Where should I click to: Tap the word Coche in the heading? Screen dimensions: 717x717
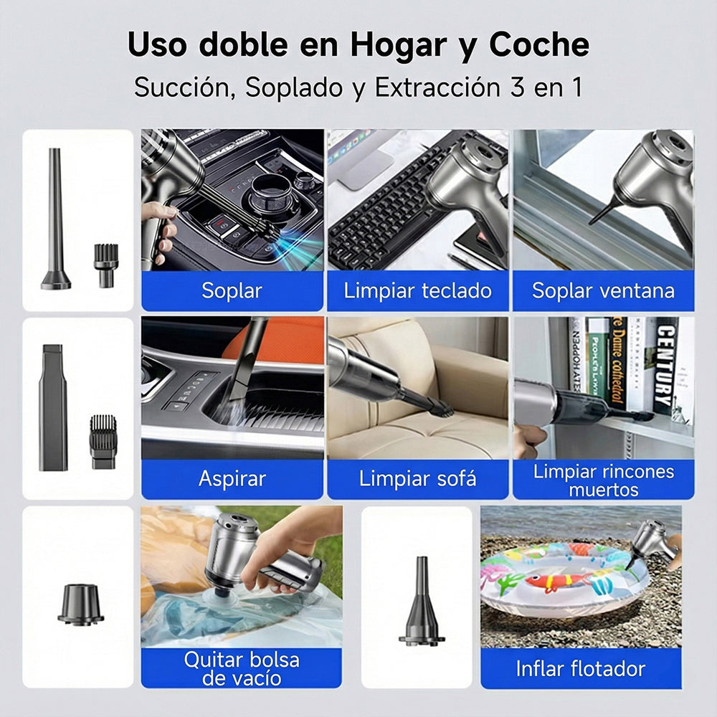pyautogui.click(x=540, y=45)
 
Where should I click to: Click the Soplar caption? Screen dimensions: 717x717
pyautogui.click(x=232, y=290)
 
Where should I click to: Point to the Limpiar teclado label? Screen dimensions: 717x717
pyautogui.click(x=417, y=290)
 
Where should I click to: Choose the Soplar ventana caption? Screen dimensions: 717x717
pyautogui.click(x=603, y=290)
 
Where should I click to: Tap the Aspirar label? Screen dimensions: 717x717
pyautogui.click(x=232, y=479)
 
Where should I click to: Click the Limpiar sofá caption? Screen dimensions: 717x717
pyautogui.click(x=417, y=479)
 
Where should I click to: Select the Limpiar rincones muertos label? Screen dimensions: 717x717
pyautogui.click(x=603, y=480)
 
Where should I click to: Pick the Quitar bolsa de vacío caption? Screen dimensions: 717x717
pyautogui.click(x=241, y=668)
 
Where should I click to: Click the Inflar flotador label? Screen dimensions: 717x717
pyautogui.click(x=581, y=668)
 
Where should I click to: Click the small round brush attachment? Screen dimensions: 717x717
pyautogui.click(x=105, y=264)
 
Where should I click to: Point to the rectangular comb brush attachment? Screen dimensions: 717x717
pyautogui.click(x=103, y=441)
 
